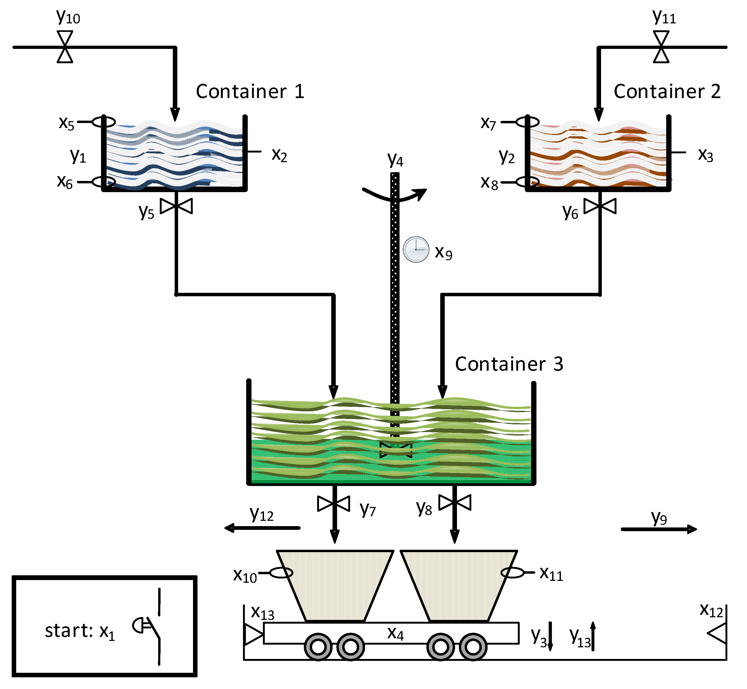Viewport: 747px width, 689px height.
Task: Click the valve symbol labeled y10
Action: (x=65, y=47)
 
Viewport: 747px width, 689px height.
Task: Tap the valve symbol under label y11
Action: (x=661, y=47)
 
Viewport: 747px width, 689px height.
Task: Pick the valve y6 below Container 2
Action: (x=600, y=206)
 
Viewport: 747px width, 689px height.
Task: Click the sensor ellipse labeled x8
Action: (x=527, y=182)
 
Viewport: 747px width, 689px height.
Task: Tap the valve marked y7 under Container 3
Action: (x=334, y=504)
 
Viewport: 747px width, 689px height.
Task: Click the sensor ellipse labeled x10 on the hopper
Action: (x=281, y=572)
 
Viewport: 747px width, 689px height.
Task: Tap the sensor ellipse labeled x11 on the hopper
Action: (x=513, y=572)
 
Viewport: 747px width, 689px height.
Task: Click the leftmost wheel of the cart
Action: (x=318, y=647)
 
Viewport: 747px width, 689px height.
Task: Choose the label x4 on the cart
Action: (x=395, y=633)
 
